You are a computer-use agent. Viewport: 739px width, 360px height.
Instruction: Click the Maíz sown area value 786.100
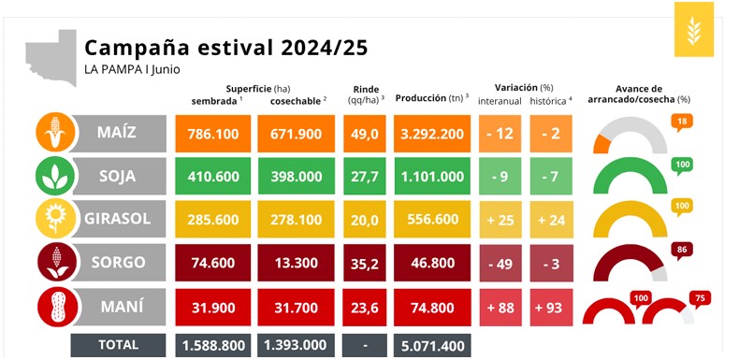pyautogui.click(x=213, y=134)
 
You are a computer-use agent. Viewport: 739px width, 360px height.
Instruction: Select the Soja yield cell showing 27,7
pyautogui.click(x=364, y=176)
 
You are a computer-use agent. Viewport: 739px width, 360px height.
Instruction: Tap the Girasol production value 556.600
pyautogui.click(x=432, y=219)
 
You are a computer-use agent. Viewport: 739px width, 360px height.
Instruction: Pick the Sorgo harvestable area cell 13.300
pyautogui.click(x=296, y=263)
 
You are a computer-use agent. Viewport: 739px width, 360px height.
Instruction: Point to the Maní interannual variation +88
pyautogui.click(x=500, y=308)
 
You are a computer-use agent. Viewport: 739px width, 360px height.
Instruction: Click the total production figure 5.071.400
pyautogui.click(x=432, y=345)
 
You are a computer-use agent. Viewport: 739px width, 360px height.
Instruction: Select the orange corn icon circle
pyautogui.click(x=55, y=133)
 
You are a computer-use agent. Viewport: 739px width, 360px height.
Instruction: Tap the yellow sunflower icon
pyautogui.click(x=55, y=219)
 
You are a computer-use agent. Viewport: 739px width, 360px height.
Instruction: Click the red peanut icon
pyautogui.click(x=57, y=308)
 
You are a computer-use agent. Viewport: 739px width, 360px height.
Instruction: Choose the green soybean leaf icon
pyautogui.click(x=55, y=176)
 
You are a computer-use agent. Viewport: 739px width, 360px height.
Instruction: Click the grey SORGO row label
pyautogui.click(x=120, y=263)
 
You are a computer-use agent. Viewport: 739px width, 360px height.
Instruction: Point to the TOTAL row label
pyautogui.click(x=118, y=345)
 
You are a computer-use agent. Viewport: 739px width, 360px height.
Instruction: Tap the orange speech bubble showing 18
pyautogui.click(x=682, y=122)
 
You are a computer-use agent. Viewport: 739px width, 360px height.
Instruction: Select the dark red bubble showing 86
pyautogui.click(x=682, y=251)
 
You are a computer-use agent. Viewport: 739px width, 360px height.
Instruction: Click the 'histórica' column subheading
pyautogui.click(x=550, y=101)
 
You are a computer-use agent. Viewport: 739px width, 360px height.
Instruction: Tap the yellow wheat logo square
pyautogui.click(x=693, y=29)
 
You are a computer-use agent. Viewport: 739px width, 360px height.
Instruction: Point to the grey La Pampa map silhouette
pyautogui.click(x=51, y=57)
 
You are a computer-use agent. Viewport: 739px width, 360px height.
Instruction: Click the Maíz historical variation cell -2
pyautogui.click(x=550, y=134)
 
